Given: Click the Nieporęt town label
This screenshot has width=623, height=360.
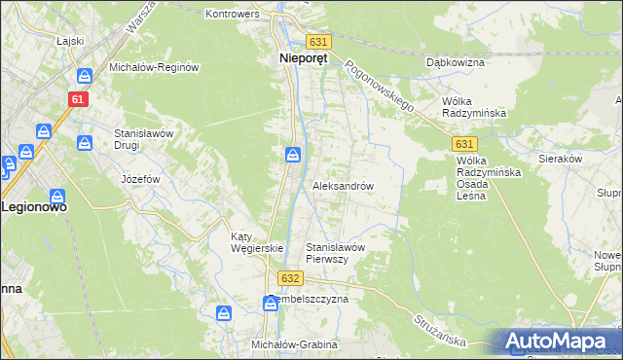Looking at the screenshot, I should pos(297,57).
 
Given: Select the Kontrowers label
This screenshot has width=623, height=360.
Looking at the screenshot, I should pos(233,15).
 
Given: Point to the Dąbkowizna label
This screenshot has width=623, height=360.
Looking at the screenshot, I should pos(455,62).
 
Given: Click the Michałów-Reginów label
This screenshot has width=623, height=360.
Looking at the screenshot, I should pos(154,67).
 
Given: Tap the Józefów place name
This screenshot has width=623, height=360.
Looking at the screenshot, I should pos(139,180).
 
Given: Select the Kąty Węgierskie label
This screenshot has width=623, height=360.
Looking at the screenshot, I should pos(256,242).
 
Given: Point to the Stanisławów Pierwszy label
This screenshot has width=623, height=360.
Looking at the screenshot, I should pos(335,253).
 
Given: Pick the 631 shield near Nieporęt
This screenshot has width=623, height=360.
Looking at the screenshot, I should pos(319,42).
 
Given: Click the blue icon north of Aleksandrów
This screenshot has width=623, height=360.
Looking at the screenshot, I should pos(292,156).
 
